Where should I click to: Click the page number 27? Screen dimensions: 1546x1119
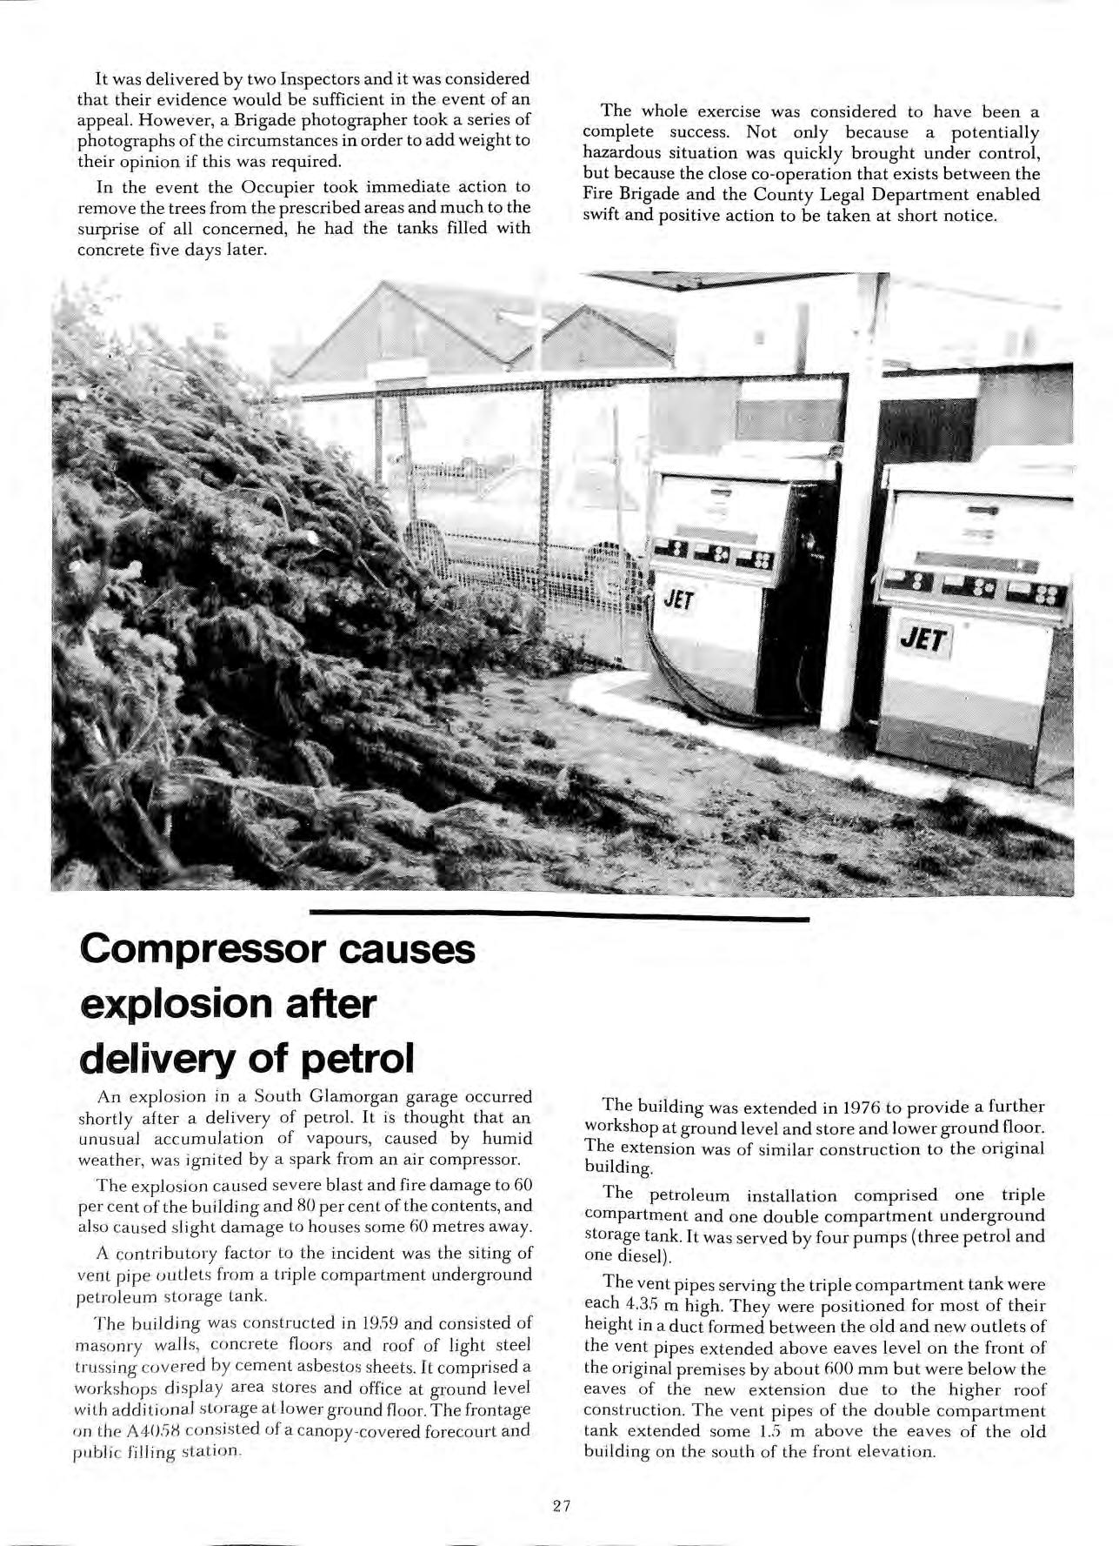[x=560, y=1506]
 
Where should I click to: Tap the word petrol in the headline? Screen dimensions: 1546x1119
[x=358, y=1059]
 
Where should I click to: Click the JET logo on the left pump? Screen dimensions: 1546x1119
[x=676, y=599]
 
